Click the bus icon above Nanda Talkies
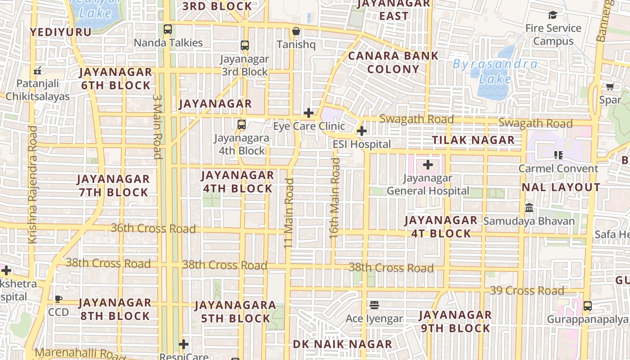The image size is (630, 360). click(x=168, y=29)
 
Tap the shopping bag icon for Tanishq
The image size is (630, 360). click(x=296, y=31)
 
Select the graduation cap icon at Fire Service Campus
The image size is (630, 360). click(x=553, y=15)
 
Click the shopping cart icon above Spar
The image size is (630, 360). click(x=610, y=86)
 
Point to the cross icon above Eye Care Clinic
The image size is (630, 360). click(x=309, y=113)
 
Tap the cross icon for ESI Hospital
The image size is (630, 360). click(x=361, y=131)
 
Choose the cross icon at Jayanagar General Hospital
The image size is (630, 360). click(x=428, y=165)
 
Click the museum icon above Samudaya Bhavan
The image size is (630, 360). click(x=529, y=208)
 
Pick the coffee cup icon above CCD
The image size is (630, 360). click(x=58, y=299)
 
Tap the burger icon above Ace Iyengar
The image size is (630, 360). click(x=374, y=305)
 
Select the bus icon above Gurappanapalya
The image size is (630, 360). click(x=587, y=306)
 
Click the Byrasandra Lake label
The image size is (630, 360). click(x=495, y=72)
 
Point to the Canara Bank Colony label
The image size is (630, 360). click(x=393, y=63)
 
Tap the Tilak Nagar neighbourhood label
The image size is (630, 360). click(x=473, y=140)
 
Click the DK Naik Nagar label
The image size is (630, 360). click(x=342, y=345)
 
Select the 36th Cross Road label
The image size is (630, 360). click(x=153, y=228)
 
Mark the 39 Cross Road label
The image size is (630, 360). click(x=526, y=291)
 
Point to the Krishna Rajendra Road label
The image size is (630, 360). click(x=32, y=184)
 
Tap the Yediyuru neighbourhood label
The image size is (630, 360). click(x=61, y=32)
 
